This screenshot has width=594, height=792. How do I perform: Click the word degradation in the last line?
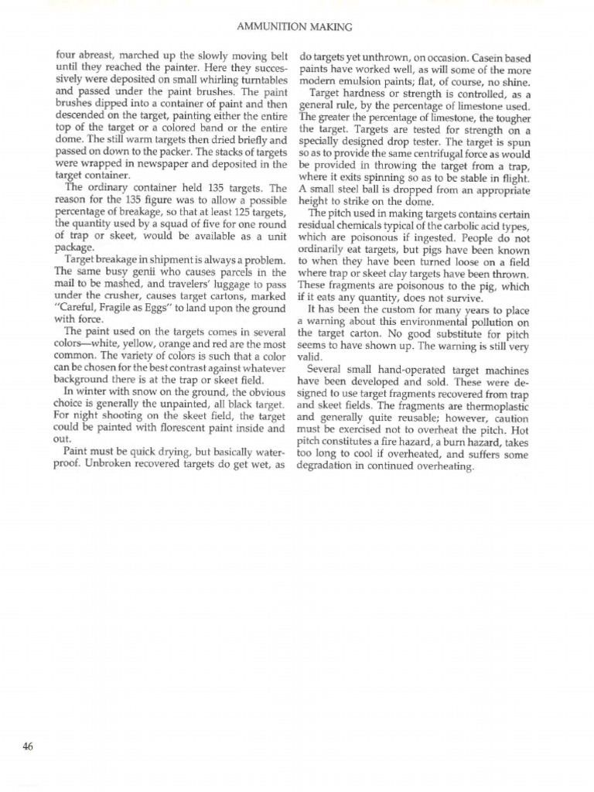(326, 466)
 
